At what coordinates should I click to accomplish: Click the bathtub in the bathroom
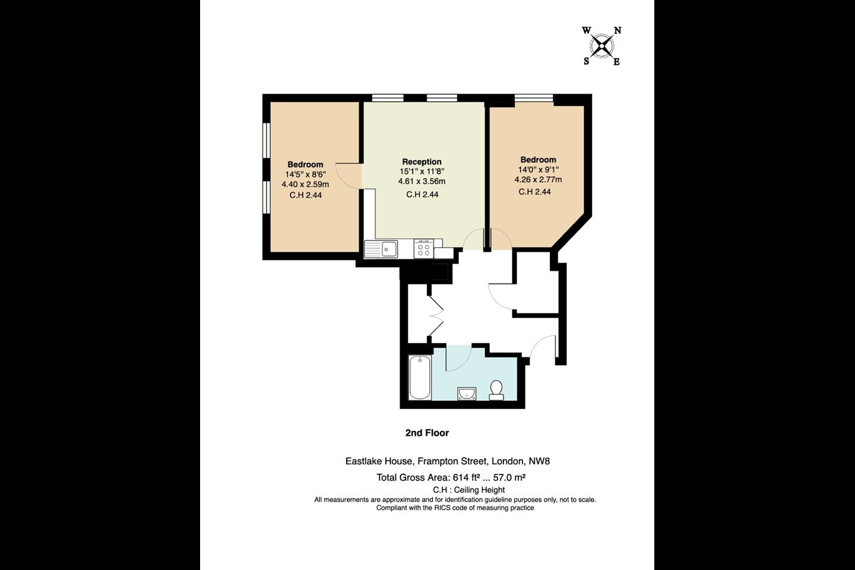(420, 377)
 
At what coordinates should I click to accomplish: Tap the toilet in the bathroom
(496, 390)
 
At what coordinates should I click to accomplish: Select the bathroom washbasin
(467, 394)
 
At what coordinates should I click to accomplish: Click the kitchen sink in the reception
(381, 249)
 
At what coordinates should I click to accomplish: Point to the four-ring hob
(424, 249)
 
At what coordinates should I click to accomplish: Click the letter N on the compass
(617, 30)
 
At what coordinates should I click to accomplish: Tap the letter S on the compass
(586, 62)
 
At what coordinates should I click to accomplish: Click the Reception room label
(422, 162)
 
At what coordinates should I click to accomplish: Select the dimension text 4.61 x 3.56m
(422, 181)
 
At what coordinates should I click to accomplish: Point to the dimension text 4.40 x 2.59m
(305, 185)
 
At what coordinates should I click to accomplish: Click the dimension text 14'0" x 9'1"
(539, 170)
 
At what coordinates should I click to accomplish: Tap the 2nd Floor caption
(427, 433)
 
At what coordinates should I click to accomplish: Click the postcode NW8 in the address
(539, 461)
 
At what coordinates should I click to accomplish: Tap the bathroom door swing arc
(459, 357)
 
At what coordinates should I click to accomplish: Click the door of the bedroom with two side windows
(349, 176)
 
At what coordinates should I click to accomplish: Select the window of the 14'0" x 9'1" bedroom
(534, 98)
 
